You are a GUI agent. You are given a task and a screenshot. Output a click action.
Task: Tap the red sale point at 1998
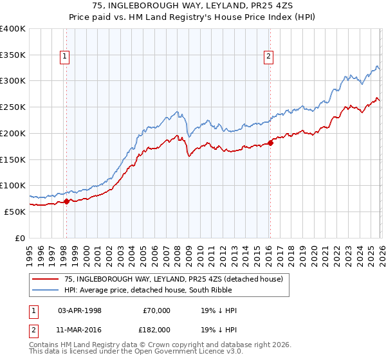coord(66,201)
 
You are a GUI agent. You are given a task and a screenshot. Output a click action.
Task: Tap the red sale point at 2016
coord(270,143)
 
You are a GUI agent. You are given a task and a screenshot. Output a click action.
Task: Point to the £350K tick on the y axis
coord(13,55)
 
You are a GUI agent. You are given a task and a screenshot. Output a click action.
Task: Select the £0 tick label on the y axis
coord(19,238)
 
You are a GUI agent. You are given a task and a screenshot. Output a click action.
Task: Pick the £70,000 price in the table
coord(156,310)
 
